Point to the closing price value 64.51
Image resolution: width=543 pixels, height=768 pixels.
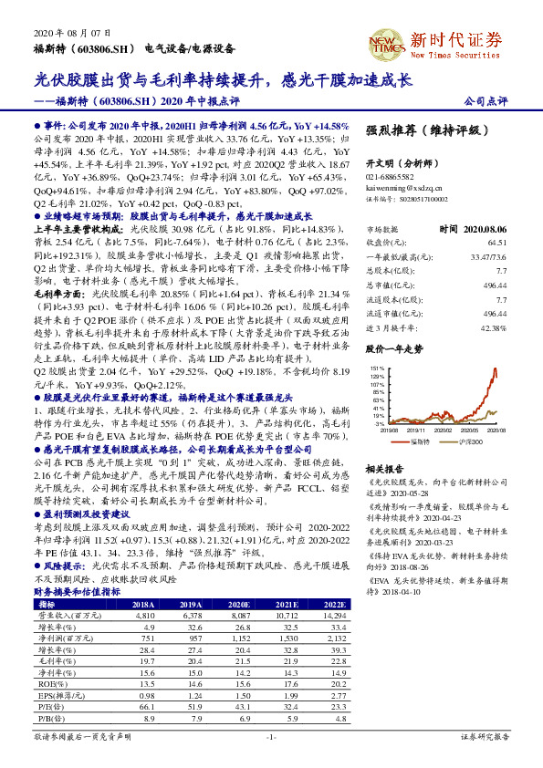coord(496,243)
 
